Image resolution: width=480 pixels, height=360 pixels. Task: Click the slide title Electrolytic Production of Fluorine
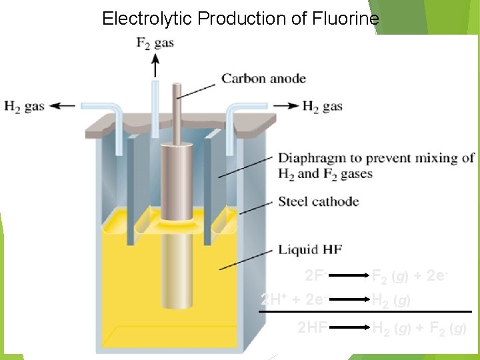pyautogui.click(x=240, y=19)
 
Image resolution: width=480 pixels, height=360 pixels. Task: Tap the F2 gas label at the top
pyautogui.click(x=155, y=43)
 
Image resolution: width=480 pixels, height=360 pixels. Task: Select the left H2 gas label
pyautogui.click(x=25, y=106)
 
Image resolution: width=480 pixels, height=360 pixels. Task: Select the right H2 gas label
pyautogui.click(x=322, y=106)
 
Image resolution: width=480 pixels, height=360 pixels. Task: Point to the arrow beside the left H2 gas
pyautogui.click(x=63, y=105)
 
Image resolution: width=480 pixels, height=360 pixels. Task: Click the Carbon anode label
pyautogui.click(x=263, y=79)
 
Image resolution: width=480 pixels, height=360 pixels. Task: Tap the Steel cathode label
pyautogui.click(x=319, y=201)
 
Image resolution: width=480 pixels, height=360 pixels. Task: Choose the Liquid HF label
pyautogui.click(x=310, y=249)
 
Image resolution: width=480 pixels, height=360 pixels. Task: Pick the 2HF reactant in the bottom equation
pyautogui.click(x=312, y=328)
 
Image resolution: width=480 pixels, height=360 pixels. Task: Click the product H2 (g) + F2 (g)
pyautogui.click(x=419, y=328)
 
